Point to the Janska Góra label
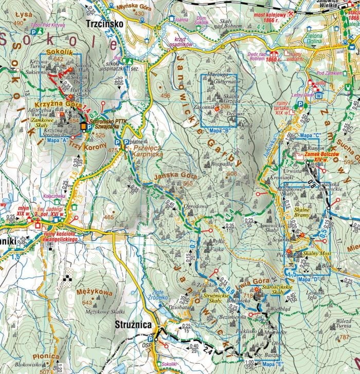(x=169, y=176)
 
